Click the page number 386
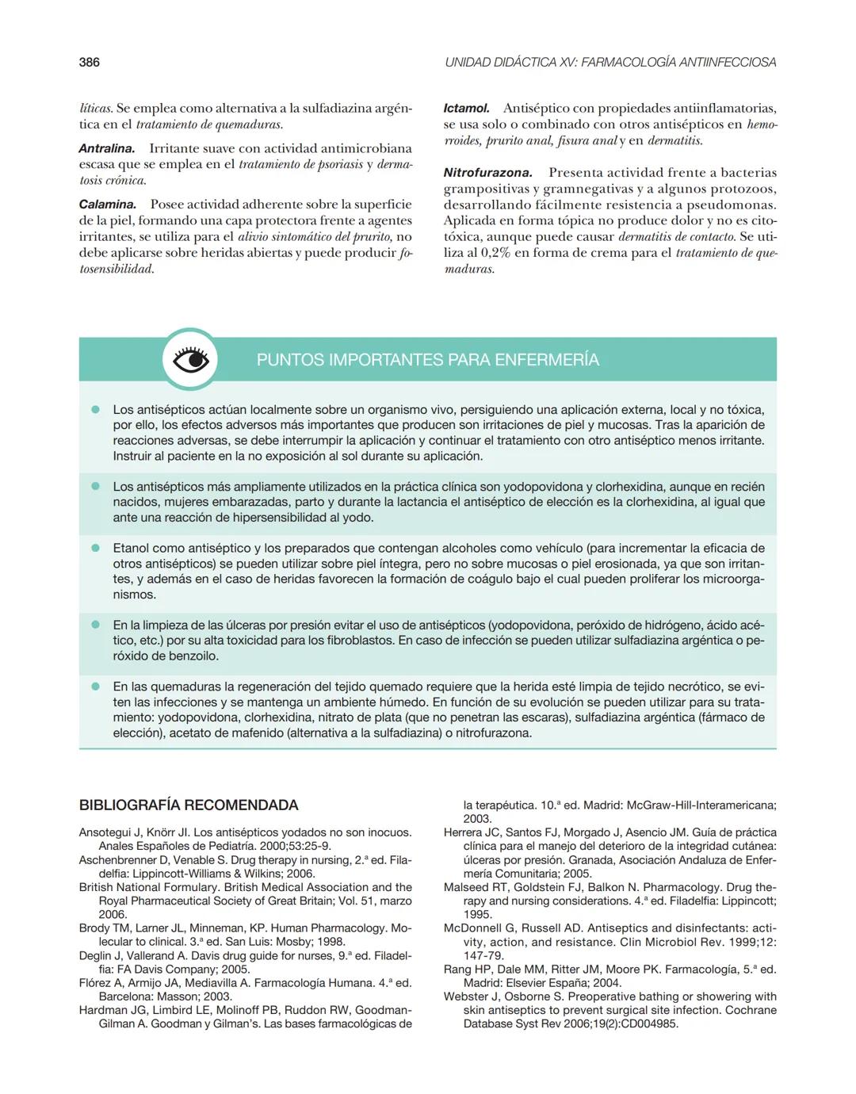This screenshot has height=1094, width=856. [89, 62]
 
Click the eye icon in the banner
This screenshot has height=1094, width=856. [190, 360]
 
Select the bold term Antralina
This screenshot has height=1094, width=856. [106, 148]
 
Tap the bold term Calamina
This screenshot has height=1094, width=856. [107, 205]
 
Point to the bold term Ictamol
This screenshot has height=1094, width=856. [466, 108]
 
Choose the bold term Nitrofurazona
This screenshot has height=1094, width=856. [487, 172]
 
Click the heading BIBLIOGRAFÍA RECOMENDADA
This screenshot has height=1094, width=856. [189, 805]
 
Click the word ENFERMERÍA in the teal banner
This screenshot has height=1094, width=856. [546, 360]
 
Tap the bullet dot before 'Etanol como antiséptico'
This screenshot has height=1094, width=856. [95, 548]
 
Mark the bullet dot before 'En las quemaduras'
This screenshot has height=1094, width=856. [95, 687]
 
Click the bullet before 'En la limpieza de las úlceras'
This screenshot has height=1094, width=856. [95, 625]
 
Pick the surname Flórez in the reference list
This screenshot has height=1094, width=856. [97, 983]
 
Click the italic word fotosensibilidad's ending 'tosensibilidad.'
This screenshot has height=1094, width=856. [117, 269]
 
